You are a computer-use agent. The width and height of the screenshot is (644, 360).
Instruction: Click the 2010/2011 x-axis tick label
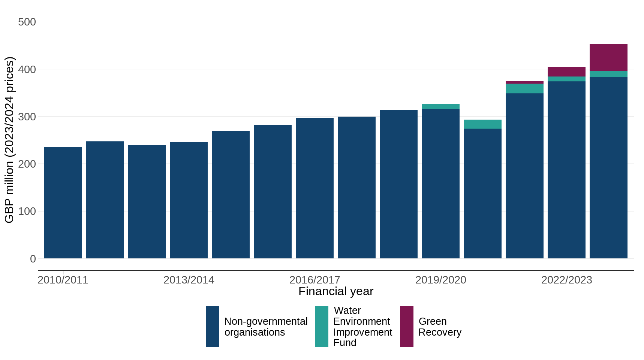coord(63,280)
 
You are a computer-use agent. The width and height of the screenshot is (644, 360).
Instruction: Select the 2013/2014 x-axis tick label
coord(189,280)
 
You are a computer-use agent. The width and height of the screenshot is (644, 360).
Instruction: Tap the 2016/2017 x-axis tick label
coord(315,280)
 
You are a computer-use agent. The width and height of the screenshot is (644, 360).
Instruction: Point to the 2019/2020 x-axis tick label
coord(441,280)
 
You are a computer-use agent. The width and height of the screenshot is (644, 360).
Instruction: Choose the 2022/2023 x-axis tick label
coord(567,280)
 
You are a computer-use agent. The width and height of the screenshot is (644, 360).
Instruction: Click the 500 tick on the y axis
coord(27,22)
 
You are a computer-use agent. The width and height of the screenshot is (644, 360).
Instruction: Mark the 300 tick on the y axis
coord(27,117)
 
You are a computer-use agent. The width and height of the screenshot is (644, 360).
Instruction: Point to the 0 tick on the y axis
coord(33,259)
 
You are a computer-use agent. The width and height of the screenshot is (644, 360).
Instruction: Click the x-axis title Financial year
coord(336,291)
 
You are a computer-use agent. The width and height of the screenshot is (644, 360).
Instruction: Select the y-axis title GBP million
coord(9,139)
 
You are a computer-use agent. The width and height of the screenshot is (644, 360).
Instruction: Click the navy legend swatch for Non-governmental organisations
coord(213,326)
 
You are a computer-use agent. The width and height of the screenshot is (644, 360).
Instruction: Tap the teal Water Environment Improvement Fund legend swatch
coord(322,326)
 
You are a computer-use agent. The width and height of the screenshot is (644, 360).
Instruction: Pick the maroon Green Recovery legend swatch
coord(407,326)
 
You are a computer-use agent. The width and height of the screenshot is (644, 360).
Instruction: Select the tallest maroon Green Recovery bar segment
coord(608,58)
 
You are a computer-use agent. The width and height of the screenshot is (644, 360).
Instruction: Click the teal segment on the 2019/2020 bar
coord(440,106)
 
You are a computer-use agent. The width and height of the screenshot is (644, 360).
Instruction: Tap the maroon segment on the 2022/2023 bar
coord(566,72)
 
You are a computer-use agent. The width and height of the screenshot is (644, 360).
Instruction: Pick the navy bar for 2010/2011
coord(63,202)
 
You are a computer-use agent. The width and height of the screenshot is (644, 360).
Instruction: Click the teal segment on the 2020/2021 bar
coord(482,124)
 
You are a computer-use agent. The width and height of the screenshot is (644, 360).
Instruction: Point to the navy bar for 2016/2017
coord(315,187)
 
